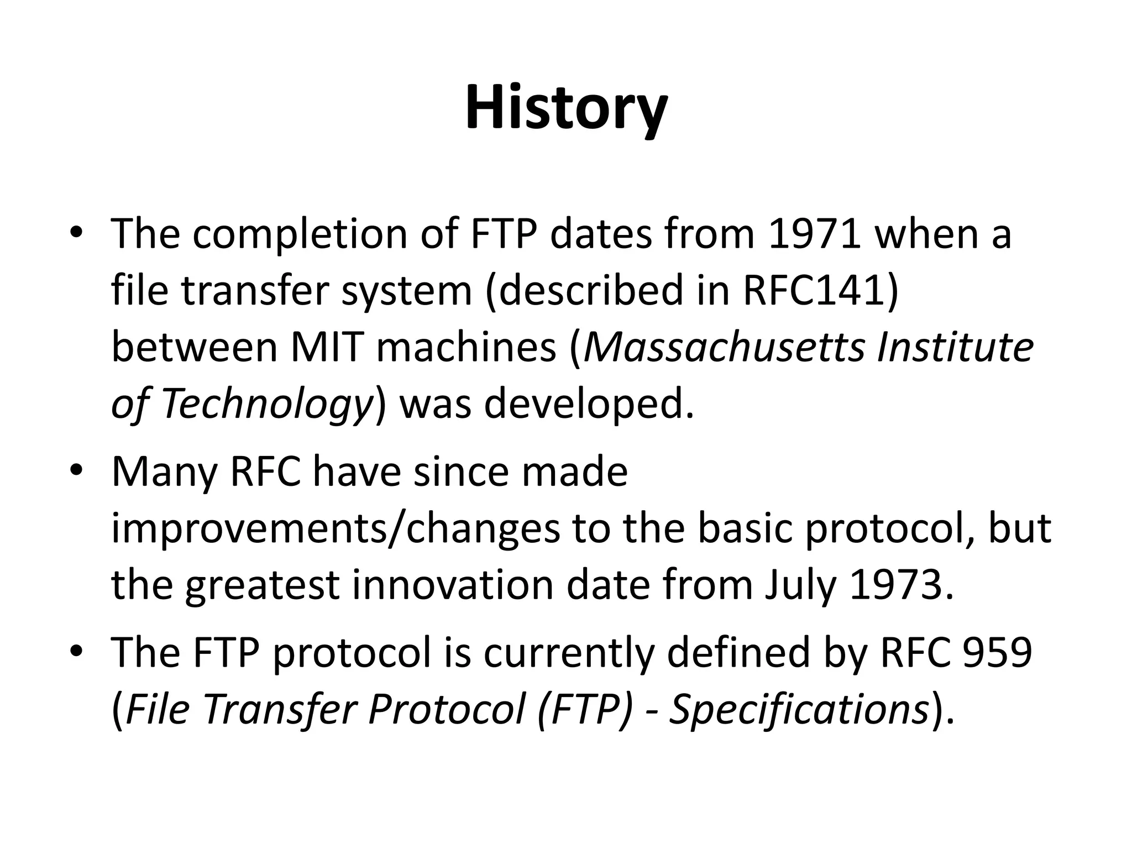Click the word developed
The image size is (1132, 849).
click(x=588, y=404)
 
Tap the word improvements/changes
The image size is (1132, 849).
click(x=336, y=530)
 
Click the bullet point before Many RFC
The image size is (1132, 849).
click(x=76, y=471)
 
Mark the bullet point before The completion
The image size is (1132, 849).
click(x=76, y=232)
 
